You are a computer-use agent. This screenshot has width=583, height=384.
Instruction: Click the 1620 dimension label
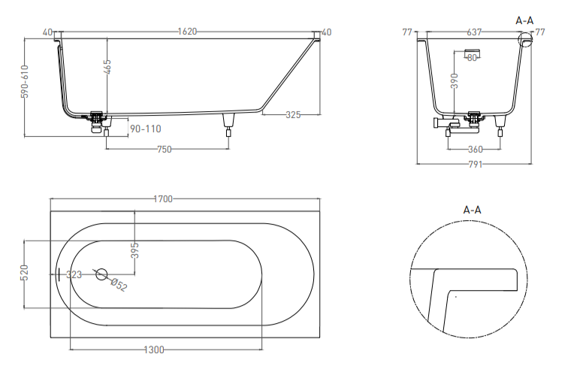[x=187, y=32]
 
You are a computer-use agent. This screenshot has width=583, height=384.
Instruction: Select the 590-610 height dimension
[x=25, y=81]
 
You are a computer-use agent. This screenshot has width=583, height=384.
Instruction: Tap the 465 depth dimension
[x=107, y=67]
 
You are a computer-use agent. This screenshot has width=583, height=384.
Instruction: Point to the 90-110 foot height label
[x=146, y=129]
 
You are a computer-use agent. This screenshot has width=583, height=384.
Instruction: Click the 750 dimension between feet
[x=164, y=150]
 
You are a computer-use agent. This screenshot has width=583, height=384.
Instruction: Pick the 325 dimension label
[x=293, y=115]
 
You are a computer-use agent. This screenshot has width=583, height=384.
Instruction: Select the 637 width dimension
[x=474, y=32]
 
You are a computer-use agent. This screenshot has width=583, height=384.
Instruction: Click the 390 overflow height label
[x=455, y=80]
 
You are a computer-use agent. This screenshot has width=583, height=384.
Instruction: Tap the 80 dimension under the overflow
[x=472, y=58]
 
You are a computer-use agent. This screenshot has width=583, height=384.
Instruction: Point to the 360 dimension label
[x=475, y=150]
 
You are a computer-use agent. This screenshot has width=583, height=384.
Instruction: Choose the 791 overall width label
[x=475, y=164]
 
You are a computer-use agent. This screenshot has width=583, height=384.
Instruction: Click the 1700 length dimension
[x=163, y=199]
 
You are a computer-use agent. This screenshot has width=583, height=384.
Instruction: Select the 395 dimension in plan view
[x=135, y=250]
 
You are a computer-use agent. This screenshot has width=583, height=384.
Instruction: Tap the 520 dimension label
[x=25, y=273]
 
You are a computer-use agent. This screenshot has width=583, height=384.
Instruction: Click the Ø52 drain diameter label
[x=119, y=285]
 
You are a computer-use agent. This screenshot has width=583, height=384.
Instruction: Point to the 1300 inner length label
[x=154, y=349]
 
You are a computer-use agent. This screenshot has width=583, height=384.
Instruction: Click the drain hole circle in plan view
[x=101, y=268]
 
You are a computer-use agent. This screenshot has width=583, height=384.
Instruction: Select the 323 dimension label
[x=74, y=275]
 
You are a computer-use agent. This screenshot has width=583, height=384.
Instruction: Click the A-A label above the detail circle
[x=473, y=210]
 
